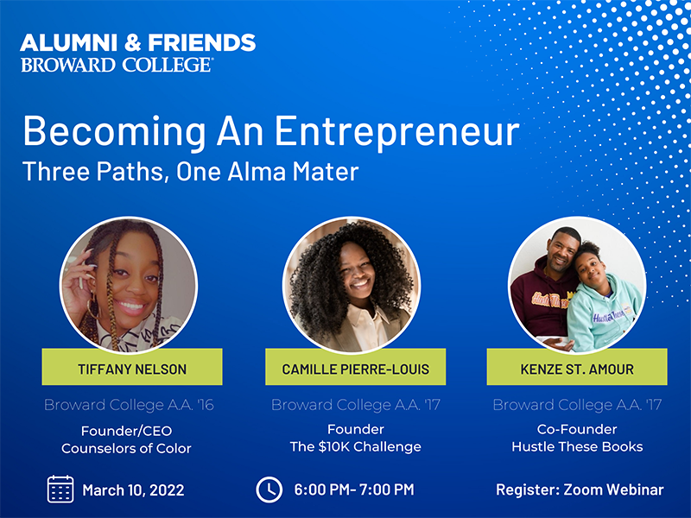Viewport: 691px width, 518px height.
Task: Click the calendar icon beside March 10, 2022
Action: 60,489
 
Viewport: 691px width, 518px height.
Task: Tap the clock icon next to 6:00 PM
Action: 269,490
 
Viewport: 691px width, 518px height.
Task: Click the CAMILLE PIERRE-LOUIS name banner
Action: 356,367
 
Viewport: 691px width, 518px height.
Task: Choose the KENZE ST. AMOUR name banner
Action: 577,367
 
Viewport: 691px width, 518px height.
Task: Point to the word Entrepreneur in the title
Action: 397,132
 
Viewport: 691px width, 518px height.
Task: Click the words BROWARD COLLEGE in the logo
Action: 117,66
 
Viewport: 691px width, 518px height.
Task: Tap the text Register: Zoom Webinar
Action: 580,490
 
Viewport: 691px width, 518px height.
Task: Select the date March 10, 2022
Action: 133,490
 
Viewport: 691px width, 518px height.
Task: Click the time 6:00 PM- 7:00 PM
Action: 354,490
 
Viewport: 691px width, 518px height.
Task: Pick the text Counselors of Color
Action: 126,448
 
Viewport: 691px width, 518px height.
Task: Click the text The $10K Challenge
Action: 356,446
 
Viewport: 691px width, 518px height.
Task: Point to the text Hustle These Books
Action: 577,446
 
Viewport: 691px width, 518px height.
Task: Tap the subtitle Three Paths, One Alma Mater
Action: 190,172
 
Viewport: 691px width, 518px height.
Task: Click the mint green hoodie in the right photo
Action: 603,313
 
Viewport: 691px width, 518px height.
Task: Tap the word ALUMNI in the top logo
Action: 69,42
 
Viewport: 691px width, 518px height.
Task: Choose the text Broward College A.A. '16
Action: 129,405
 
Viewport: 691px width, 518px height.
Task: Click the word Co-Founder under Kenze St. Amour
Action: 577,429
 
